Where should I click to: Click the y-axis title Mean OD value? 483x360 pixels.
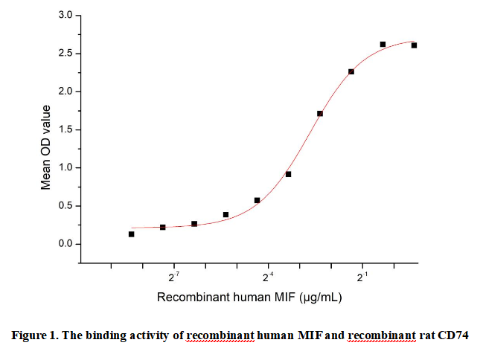point(46,147)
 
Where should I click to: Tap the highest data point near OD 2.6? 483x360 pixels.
point(383,45)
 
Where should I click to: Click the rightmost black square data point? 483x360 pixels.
point(414,45)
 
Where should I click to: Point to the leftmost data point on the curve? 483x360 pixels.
point(131,234)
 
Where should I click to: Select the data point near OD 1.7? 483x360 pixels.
point(320,114)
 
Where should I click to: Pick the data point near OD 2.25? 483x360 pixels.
point(351,71)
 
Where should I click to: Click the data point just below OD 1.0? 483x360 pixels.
point(288,174)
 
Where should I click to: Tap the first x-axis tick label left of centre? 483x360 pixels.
point(173,277)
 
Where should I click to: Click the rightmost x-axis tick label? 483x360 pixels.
point(362,277)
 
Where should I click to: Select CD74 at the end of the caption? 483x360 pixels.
point(455,335)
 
